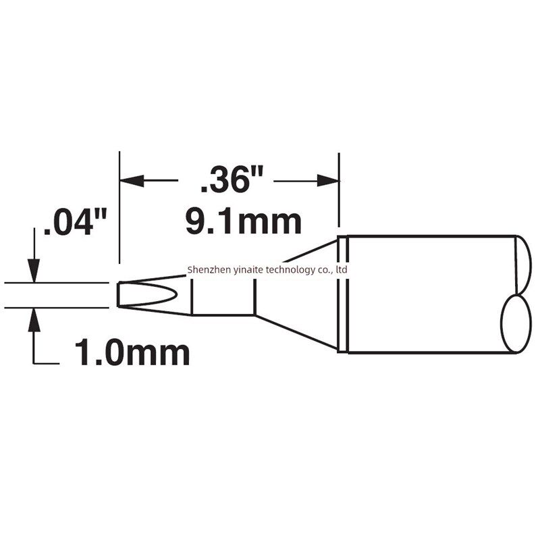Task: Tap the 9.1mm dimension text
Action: tap(244, 222)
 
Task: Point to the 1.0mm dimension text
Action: tap(132, 352)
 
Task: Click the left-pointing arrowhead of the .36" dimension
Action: tap(132, 180)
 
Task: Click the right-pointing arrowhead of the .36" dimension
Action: tap(327, 180)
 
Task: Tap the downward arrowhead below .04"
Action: tap(34, 271)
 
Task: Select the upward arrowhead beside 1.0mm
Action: tap(34, 320)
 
